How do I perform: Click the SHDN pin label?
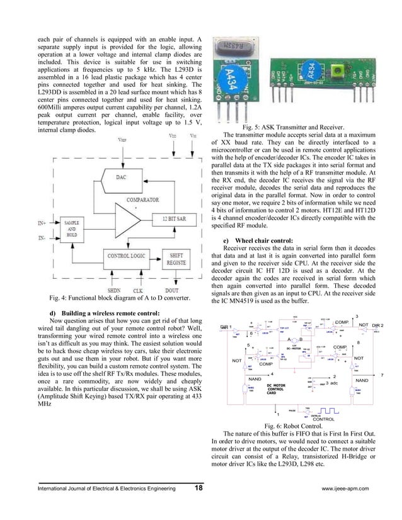pos(113,291)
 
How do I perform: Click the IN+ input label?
pos(42,223)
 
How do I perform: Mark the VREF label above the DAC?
pos(121,142)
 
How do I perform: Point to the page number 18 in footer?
pos(198,487)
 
